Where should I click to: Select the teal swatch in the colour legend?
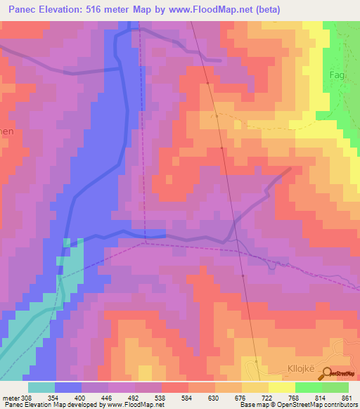click(x=41, y=387)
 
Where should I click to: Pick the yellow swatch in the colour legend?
click(x=282, y=387)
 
